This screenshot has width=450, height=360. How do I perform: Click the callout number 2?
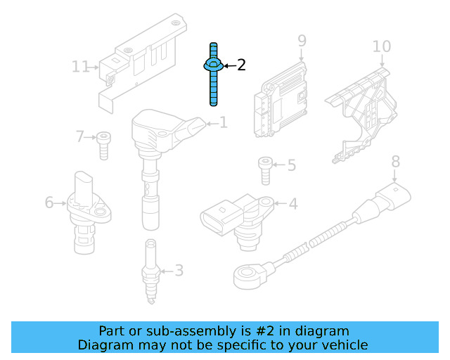click(x=241, y=65)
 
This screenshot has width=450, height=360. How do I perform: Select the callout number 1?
click(x=224, y=123)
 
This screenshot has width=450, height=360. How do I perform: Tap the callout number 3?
click(x=179, y=270)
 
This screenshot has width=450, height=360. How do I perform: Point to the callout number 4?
click(x=293, y=204)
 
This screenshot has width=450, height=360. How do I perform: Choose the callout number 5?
click(x=291, y=166)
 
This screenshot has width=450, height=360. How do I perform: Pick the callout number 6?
click(x=49, y=202)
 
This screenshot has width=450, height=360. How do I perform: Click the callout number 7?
click(x=79, y=136)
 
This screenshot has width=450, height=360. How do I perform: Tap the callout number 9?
click(x=302, y=41)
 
